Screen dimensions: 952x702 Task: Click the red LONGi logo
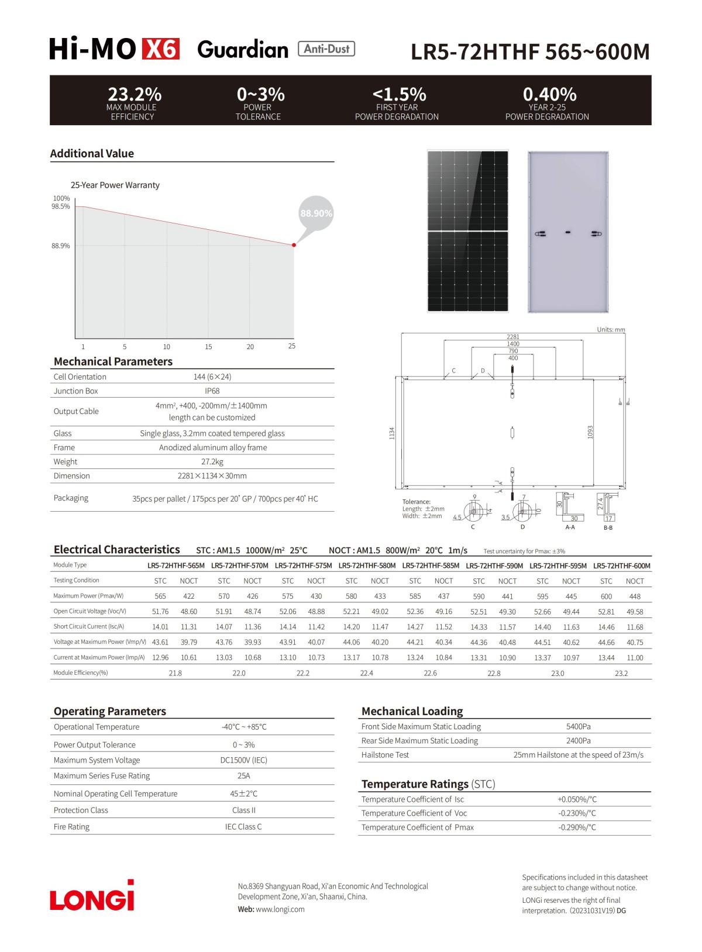tap(92, 896)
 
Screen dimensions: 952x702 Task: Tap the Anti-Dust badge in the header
tap(326, 49)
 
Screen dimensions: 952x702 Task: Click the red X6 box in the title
tap(160, 50)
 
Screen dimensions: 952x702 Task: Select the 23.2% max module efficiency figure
tap(135, 94)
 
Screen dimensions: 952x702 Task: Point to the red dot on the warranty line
tap(294, 245)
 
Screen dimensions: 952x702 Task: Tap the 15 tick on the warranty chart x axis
tap(208, 347)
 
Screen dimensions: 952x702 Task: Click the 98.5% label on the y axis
tap(61, 206)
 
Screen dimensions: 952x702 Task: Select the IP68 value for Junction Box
tap(212, 391)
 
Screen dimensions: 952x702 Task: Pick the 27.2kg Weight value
tap(212, 461)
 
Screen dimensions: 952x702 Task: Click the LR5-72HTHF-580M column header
tap(367, 565)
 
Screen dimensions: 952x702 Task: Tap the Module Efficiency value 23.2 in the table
tap(621, 673)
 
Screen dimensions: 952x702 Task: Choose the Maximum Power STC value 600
tap(606, 596)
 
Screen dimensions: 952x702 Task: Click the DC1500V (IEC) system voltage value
tap(244, 760)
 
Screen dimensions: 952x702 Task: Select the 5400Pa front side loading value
tap(578, 726)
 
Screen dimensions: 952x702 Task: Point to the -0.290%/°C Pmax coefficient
tap(577, 827)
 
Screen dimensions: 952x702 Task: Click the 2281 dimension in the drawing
tap(512, 337)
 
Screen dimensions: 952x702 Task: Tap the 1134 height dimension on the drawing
tap(392, 433)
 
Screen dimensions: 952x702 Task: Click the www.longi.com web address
tap(281, 909)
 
